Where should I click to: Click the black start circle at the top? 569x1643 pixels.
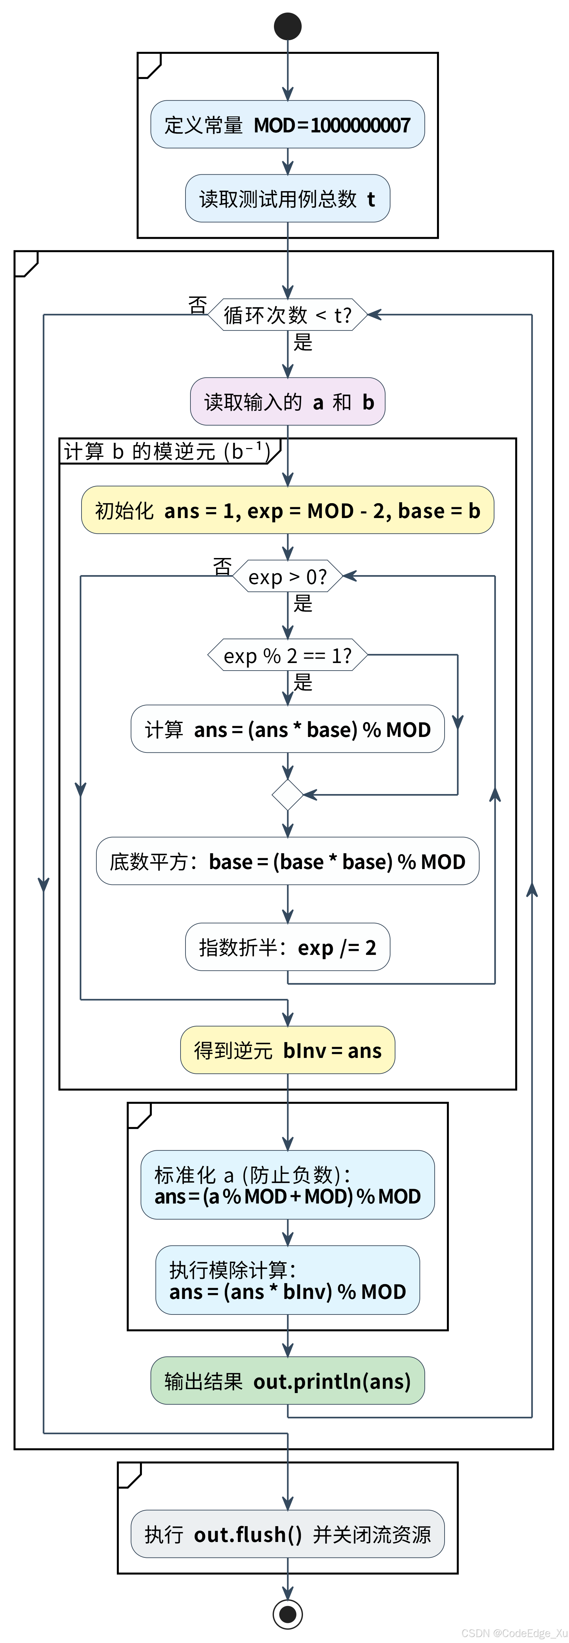click(x=288, y=26)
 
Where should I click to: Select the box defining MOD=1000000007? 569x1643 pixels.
click(x=288, y=124)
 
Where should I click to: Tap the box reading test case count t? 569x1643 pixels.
click(x=288, y=198)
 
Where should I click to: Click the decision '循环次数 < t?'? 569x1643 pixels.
click(x=288, y=314)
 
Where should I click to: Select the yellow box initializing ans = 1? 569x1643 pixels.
click(x=288, y=510)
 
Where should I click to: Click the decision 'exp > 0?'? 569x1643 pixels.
click(x=288, y=577)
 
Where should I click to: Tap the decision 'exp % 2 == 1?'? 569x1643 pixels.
click(x=288, y=655)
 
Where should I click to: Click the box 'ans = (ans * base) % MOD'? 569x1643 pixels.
click(x=288, y=729)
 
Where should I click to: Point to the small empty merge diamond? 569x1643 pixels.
click(x=288, y=795)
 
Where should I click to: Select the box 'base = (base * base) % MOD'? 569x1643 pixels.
click(x=288, y=861)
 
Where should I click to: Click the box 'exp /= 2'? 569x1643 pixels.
click(x=288, y=947)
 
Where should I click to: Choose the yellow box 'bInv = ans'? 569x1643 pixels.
click(x=288, y=1050)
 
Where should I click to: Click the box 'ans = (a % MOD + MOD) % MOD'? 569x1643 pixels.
click(x=288, y=1185)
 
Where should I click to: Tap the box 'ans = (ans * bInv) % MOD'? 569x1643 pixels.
click(x=288, y=1280)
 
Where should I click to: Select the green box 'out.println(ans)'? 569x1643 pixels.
click(x=288, y=1381)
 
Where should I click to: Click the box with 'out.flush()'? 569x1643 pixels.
click(x=288, y=1534)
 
